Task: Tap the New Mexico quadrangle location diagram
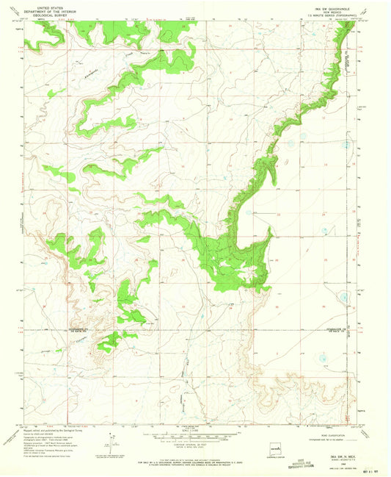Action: tap(277, 442)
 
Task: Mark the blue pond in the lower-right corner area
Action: tap(320, 359)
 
